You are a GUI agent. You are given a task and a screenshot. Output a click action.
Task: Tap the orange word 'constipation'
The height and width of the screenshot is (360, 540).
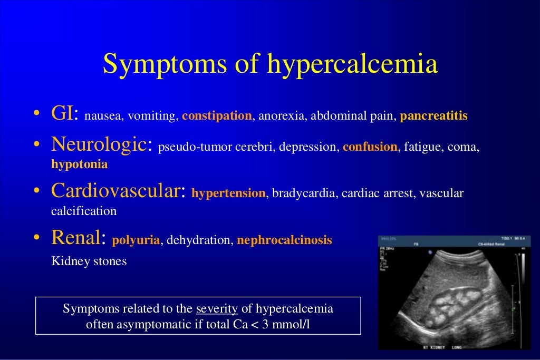[x=217, y=116]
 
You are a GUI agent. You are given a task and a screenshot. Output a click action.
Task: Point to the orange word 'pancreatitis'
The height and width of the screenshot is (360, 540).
[x=433, y=116]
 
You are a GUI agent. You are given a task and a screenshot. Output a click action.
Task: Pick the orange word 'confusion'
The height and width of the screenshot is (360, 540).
[x=370, y=147]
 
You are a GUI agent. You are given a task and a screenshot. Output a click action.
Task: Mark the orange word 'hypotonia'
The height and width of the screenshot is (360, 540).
[x=79, y=164]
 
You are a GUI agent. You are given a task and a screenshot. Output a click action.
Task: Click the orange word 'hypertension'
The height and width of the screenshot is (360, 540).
[x=228, y=193]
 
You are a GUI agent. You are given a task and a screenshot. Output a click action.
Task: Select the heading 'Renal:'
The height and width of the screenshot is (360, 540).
[x=79, y=238]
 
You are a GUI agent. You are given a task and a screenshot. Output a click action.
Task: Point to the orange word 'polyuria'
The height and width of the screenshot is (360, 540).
[x=136, y=240]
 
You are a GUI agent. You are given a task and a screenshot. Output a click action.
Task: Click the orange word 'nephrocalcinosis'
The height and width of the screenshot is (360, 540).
[x=284, y=240]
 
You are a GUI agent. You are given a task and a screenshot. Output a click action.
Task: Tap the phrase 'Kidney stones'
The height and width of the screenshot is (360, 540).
[x=89, y=261]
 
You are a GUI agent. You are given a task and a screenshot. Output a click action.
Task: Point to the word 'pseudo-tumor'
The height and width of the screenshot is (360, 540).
[x=188, y=147]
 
